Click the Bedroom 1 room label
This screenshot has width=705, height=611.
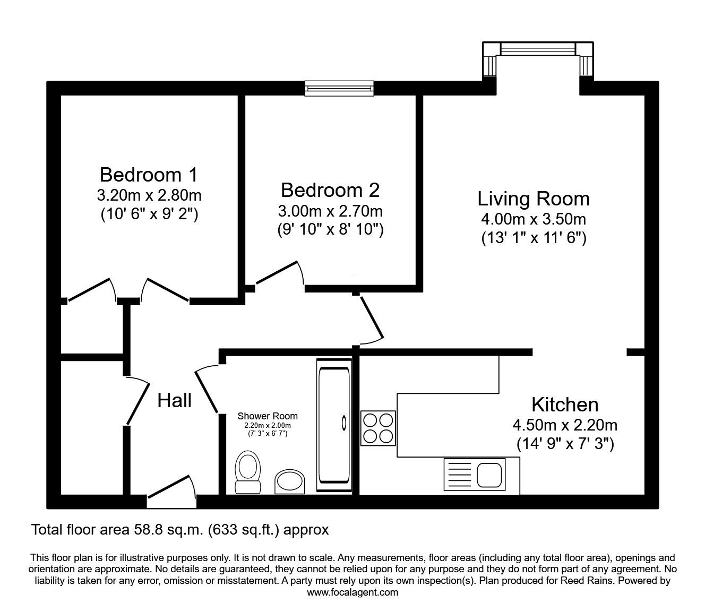pos(149,174)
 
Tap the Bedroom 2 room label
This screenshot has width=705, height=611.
pos(330,190)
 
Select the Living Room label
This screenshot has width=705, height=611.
pos(534,199)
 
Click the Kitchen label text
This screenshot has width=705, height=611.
pos(565,405)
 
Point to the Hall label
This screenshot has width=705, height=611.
pos(175,400)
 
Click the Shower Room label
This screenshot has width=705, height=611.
pos(268,416)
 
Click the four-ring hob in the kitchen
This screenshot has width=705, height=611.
pos(379,428)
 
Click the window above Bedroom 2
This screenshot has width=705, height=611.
pos(339,88)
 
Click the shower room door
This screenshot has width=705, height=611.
pos(207,389)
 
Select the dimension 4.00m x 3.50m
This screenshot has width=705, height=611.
pos(534,219)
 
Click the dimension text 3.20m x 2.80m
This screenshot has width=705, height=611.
pos(149,195)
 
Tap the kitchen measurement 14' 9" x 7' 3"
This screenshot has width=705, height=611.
pos(565,444)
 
